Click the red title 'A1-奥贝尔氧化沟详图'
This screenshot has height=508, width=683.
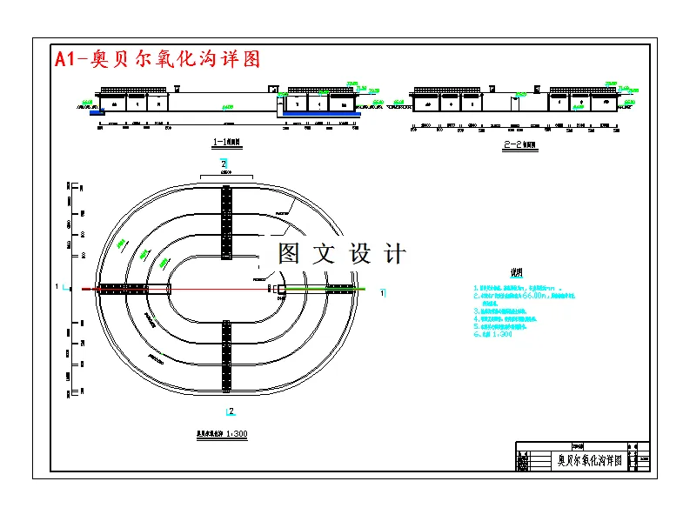pyautogui.click(x=157, y=59)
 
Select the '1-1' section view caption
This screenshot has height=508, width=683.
pyautogui.click(x=226, y=141)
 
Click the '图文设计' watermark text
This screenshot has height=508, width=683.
pyautogui.click(x=342, y=254)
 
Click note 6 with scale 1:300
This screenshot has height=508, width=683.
pyautogui.click(x=495, y=334)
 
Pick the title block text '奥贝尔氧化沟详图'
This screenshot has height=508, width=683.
pyautogui.click(x=589, y=460)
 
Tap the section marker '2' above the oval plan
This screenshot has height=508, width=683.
pyautogui.click(x=224, y=164)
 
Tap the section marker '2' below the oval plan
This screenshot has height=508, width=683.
pyautogui.click(x=229, y=410)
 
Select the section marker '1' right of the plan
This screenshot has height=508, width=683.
pyautogui.click(x=383, y=294)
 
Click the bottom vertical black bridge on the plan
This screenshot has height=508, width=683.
pyautogui.click(x=226, y=355)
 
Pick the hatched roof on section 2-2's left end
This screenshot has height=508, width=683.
pyautogui.click(x=447, y=90)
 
